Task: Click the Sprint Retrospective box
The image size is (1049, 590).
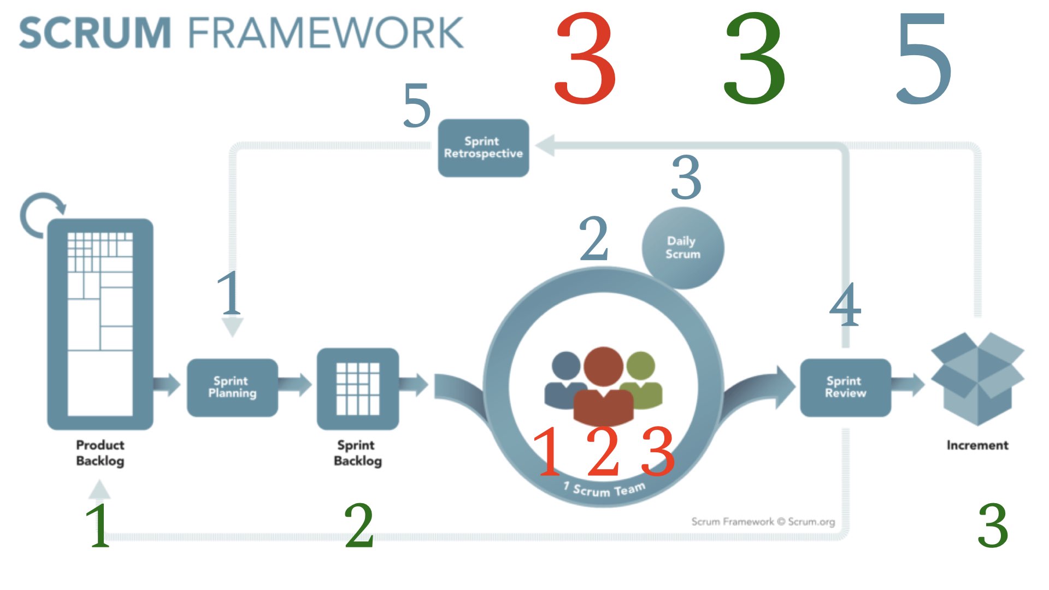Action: click(484, 148)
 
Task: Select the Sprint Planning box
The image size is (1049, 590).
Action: click(232, 387)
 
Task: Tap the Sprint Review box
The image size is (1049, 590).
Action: click(845, 387)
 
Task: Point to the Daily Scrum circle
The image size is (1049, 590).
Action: click(683, 248)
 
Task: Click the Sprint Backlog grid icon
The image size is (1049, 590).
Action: click(358, 388)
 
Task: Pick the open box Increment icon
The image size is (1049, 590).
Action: click(977, 379)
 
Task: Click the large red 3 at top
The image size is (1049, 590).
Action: click(585, 58)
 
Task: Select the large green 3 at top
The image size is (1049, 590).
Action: click(755, 58)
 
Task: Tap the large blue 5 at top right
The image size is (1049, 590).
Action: click(924, 58)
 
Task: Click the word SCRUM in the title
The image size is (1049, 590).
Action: click(95, 33)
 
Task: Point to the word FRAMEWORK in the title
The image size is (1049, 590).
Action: click(326, 33)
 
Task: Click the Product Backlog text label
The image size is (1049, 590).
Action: click(100, 453)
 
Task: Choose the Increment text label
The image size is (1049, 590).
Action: click(977, 445)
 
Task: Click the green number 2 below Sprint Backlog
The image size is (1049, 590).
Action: click(359, 526)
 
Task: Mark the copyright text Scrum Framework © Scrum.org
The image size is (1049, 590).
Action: click(763, 522)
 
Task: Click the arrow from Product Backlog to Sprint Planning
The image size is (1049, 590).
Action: click(167, 384)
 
